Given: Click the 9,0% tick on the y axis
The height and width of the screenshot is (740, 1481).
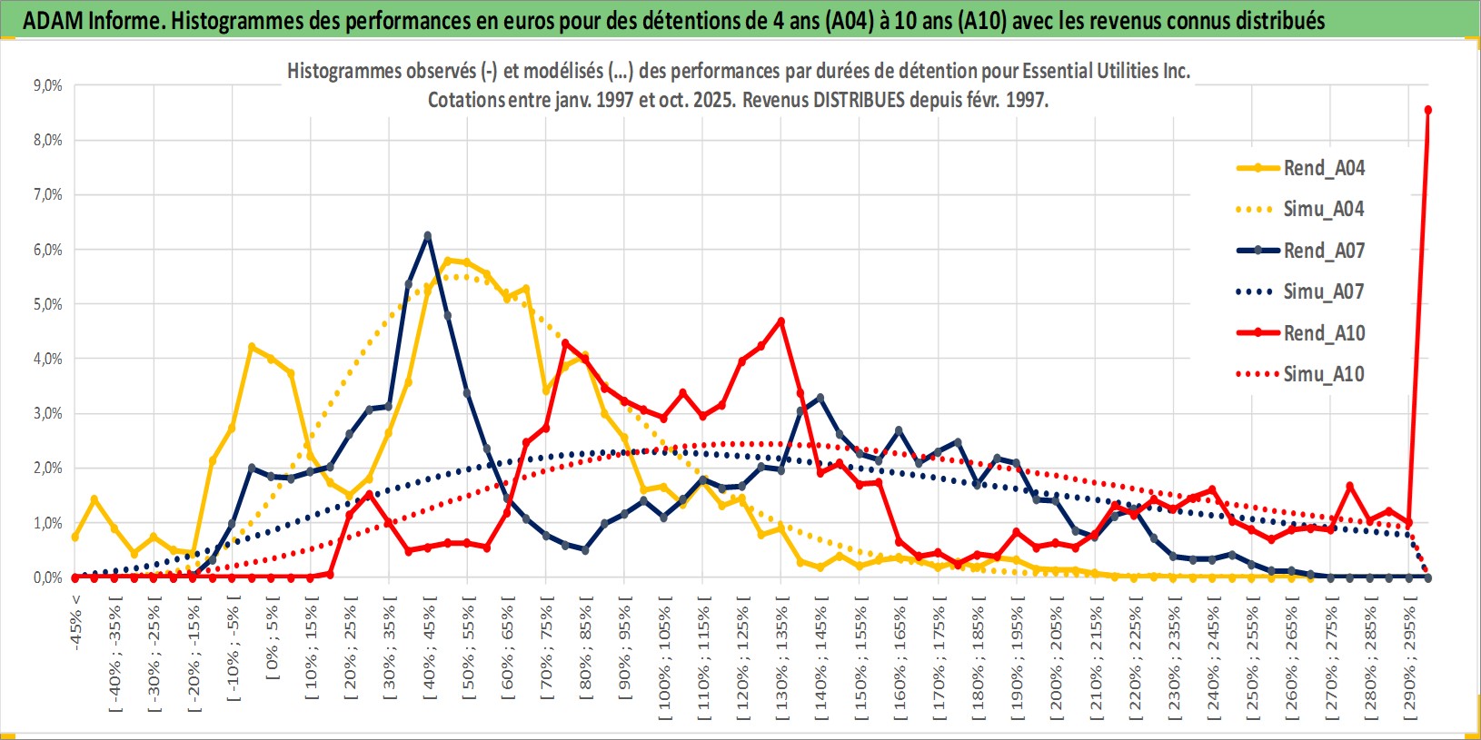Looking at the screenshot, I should tap(47, 85).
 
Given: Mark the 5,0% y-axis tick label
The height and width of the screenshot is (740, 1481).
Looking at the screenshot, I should tap(47, 304).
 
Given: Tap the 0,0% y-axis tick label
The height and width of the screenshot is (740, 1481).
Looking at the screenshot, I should tap(47, 577).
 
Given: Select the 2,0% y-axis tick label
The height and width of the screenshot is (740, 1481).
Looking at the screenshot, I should tap(47, 469).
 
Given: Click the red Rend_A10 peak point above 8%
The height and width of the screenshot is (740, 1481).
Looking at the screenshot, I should tap(1428, 110).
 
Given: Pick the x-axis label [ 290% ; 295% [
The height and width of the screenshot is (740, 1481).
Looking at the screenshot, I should tap(1409, 657).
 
